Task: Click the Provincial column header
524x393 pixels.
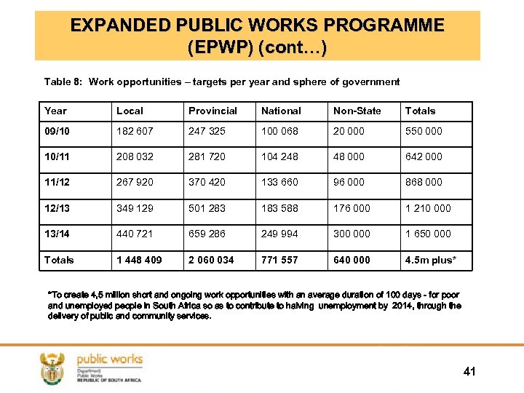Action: coord(213,111)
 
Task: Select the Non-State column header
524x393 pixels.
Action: coord(357,111)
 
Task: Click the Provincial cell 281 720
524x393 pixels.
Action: coord(207,157)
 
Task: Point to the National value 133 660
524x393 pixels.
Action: coord(280,183)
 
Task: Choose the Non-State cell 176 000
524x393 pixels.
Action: coord(352,208)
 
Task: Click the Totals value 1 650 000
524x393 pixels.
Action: coord(428,234)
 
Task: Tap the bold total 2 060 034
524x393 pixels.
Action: coord(211,260)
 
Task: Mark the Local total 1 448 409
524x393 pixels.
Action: coord(139,260)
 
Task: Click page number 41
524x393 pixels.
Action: coord(469,372)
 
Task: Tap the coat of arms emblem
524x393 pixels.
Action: coord(52,368)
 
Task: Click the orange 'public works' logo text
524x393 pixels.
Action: coord(109,359)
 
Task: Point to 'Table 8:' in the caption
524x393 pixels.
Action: coord(63,82)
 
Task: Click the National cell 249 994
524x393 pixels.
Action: coord(280,234)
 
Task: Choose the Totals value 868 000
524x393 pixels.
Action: coord(423,183)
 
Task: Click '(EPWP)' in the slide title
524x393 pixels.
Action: coord(219,49)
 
